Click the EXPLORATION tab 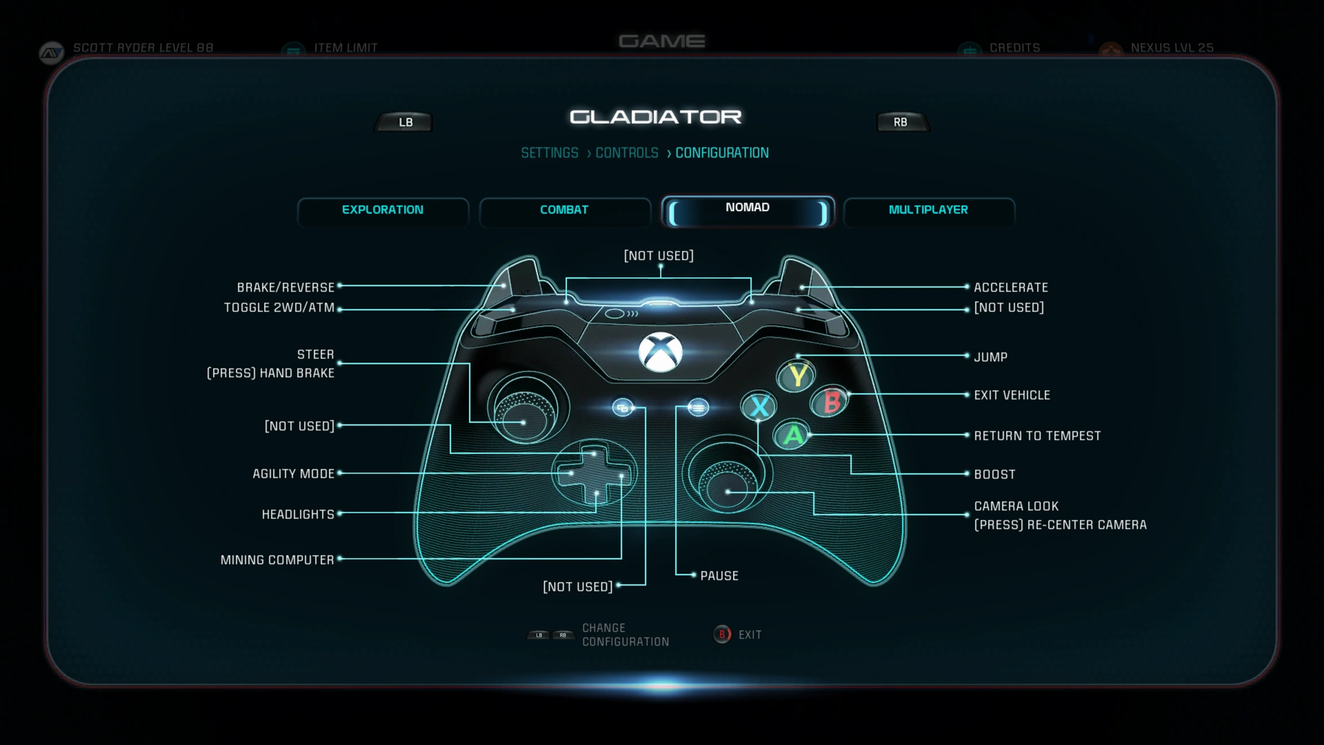pyautogui.click(x=383, y=210)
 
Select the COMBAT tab pyautogui.click(x=564, y=210)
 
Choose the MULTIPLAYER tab pyautogui.click(x=928, y=210)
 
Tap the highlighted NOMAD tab pyautogui.click(x=748, y=209)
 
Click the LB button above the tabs pyautogui.click(x=405, y=122)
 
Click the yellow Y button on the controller pyautogui.click(x=797, y=376)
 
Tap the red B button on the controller pyautogui.click(x=832, y=401)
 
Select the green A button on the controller pyautogui.click(x=793, y=435)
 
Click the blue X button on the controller pyautogui.click(x=759, y=406)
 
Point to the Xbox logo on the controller pyautogui.click(x=661, y=352)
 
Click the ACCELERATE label pyautogui.click(x=1010, y=288)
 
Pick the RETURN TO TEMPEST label pyautogui.click(x=1036, y=436)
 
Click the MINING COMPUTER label pyautogui.click(x=277, y=560)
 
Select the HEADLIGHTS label pyautogui.click(x=298, y=515)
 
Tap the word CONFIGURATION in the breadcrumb pyautogui.click(x=721, y=153)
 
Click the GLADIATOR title pyautogui.click(x=655, y=117)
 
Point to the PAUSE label pyautogui.click(x=719, y=576)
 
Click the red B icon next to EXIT pyautogui.click(x=722, y=635)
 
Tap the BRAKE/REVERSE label pyautogui.click(x=285, y=288)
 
